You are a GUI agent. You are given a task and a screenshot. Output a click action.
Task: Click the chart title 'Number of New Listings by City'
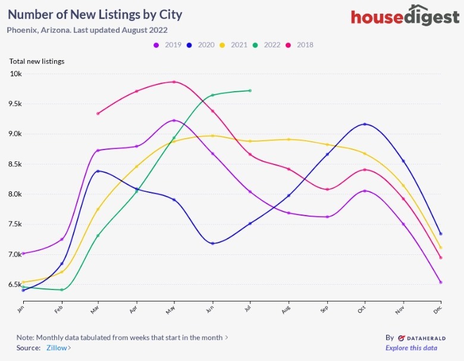pos(95,14)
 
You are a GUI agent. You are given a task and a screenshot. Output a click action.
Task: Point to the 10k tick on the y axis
pos(15,74)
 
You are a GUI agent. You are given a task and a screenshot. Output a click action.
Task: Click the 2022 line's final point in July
pos(250,91)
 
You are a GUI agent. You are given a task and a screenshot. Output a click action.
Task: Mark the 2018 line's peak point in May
pos(174,82)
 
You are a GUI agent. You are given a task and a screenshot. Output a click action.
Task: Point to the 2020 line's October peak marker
pos(365,124)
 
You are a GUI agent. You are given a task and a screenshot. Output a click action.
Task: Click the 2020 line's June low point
pos(212,243)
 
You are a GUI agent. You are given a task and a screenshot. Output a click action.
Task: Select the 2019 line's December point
pos(441,282)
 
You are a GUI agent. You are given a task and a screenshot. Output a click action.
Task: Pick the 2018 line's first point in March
pos(98,113)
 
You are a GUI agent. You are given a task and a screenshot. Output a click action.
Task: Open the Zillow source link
pos(58,348)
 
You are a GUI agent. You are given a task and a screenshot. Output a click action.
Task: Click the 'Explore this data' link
pos(411,348)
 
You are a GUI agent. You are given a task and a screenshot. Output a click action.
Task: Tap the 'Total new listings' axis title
pos(37,61)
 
